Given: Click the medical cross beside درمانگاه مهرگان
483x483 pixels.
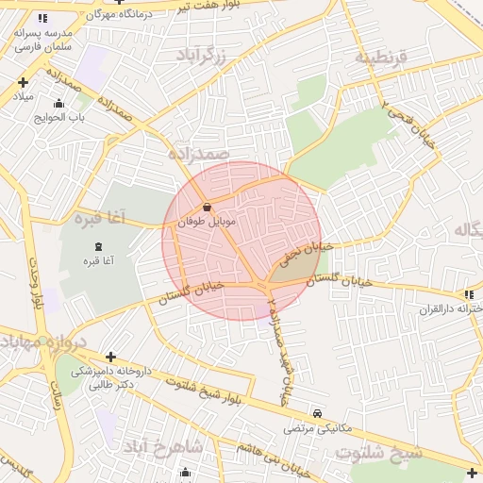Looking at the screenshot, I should (x=118, y=2).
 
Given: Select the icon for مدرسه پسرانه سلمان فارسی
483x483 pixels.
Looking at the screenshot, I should (x=42, y=18).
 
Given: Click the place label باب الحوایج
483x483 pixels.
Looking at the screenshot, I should (x=60, y=118).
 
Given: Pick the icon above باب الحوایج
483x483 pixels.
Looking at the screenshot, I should (x=59, y=104).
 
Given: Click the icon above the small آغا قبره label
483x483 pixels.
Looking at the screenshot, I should (x=99, y=246).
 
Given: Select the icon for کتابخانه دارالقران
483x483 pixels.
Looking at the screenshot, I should (x=470, y=295).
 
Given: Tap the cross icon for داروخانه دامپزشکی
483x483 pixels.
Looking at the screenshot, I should (x=111, y=358).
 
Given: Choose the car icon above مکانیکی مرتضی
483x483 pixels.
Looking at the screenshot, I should (x=317, y=413).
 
